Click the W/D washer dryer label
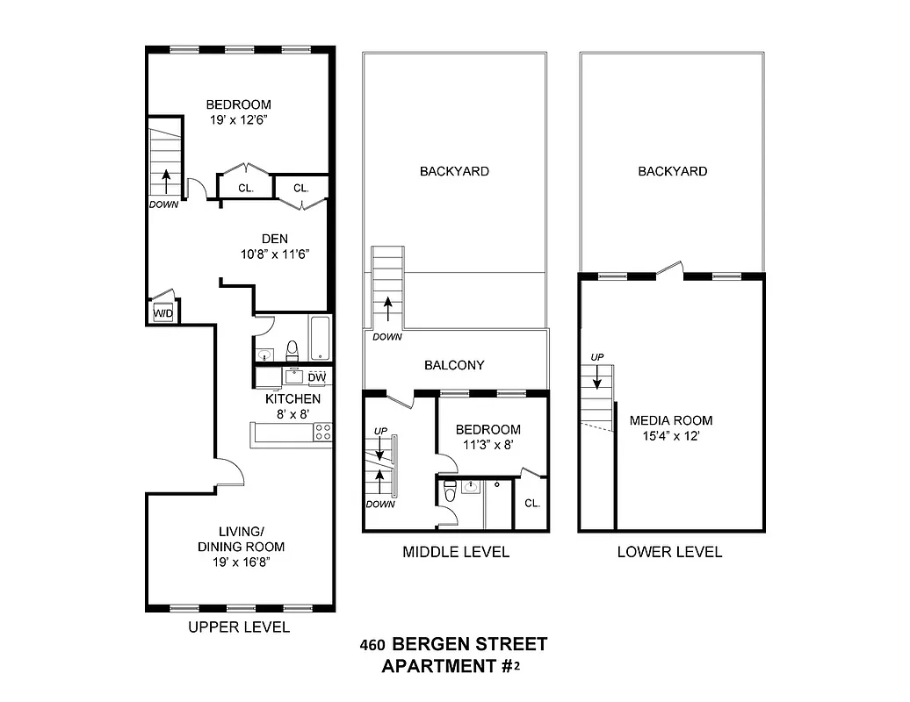(x=162, y=313)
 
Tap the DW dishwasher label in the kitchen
(x=317, y=378)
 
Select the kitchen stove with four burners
(x=323, y=432)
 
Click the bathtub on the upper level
(x=320, y=339)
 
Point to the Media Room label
(x=670, y=420)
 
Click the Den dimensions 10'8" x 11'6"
(x=275, y=254)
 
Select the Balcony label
(x=454, y=365)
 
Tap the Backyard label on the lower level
(x=672, y=172)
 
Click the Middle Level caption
(x=455, y=552)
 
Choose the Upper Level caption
(x=239, y=627)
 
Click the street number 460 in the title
(x=373, y=645)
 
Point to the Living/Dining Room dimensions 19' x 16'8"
(x=240, y=561)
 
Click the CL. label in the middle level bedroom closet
(x=532, y=503)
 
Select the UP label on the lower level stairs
(x=596, y=357)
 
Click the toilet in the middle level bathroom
(x=450, y=492)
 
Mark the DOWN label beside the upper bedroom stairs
(x=163, y=205)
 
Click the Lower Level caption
(x=669, y=552)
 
